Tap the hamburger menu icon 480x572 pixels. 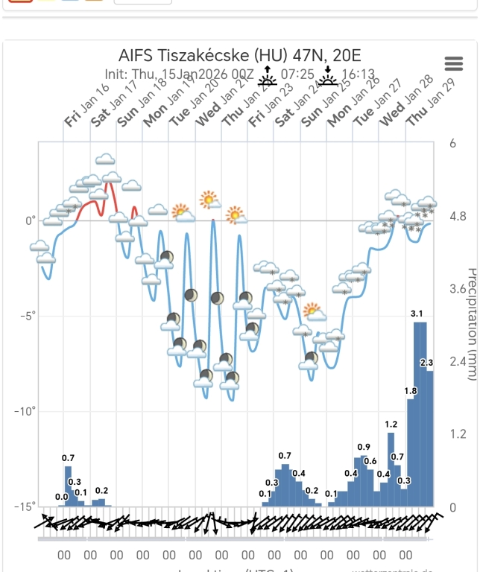click(453, 64)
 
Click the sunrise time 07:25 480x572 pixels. click(296, 74)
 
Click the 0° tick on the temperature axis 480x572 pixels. click(30, 220)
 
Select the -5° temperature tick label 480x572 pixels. click(27, 316)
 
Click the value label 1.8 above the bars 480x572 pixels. click(411, 391)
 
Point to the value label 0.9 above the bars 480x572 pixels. click(364, 447)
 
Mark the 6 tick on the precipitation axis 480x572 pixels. click(453, 144)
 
